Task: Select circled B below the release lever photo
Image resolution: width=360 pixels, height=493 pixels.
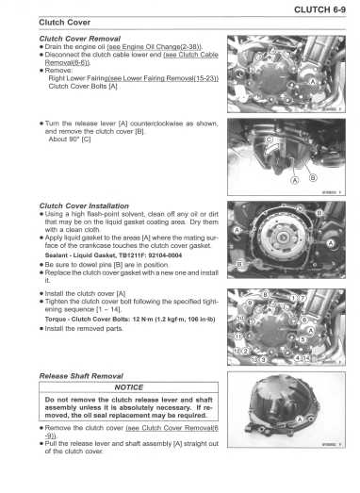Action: coord(311,180)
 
